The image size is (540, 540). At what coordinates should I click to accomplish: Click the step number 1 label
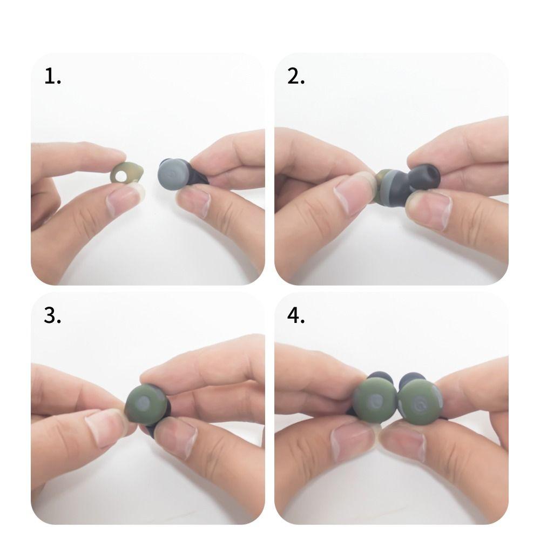(x=52, y=76)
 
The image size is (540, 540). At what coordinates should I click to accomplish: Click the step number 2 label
(x=296, y=76)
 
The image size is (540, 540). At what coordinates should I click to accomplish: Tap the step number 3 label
(x=52, y=315)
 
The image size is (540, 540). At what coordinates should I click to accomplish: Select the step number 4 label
(x=296, y=315)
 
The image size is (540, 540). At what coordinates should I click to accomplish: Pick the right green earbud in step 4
(x=420, y=401)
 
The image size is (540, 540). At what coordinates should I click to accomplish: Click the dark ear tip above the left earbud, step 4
(x=380, y=377)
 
